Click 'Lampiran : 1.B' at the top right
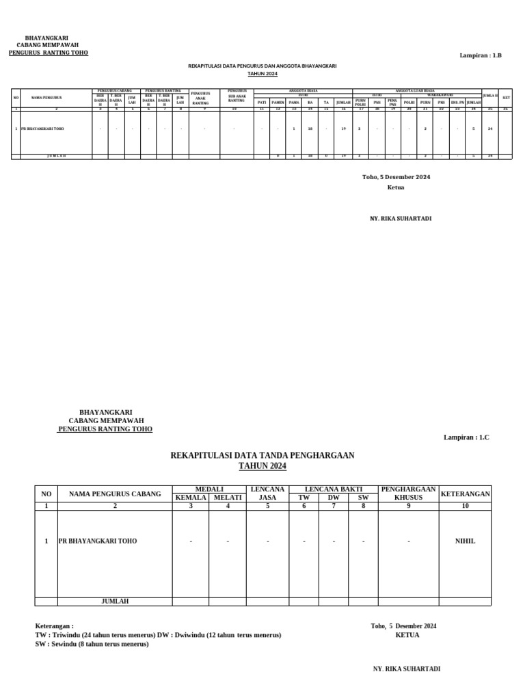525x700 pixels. coord(481,55)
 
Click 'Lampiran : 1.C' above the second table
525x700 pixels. coord(466,436)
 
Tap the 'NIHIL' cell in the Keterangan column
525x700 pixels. coord(465,541)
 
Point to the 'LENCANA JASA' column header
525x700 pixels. coord(268,494)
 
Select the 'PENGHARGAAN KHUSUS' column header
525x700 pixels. coord(409,494)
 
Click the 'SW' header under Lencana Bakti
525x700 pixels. coord(363,498)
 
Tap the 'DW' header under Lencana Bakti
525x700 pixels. coord(334,498)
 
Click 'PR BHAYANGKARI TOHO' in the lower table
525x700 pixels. coord(98,541)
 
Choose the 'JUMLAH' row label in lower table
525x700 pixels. coord(115,602)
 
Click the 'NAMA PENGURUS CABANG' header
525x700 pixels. coord(115,494)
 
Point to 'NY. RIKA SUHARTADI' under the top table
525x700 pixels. coord(401,219)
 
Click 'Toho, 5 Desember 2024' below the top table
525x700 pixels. coord(396,177)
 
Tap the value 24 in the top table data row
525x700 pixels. coord(490,129)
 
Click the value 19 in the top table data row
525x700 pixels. coord(343,129)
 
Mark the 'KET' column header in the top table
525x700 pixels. coord(506,98)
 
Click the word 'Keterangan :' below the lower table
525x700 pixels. coord(54,625)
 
